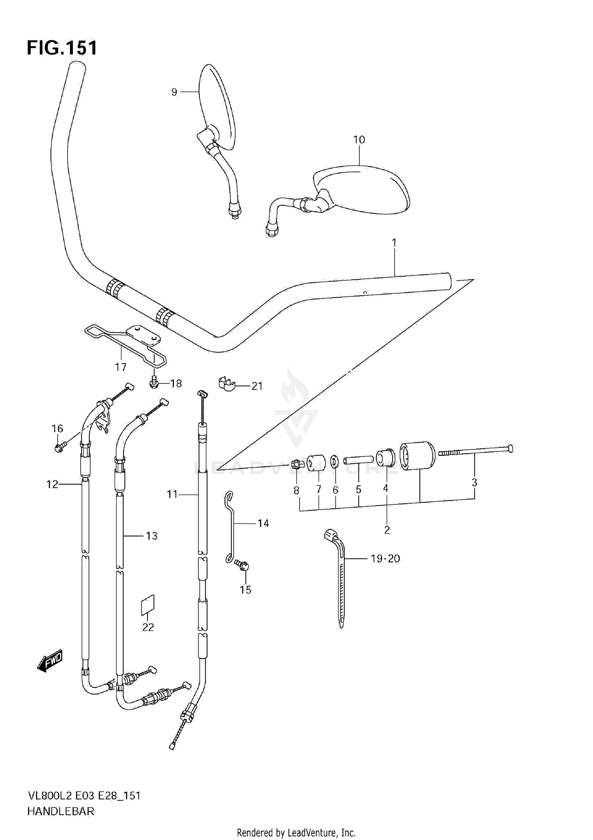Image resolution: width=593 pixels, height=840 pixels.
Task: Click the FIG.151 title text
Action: [x=62, y=48]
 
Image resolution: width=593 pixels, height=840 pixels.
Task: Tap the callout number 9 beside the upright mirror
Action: [x=174, y=92]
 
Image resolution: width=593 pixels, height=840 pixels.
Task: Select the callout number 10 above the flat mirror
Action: [x=359, y=140]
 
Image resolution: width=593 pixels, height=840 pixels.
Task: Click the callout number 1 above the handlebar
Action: [x=394, y=242]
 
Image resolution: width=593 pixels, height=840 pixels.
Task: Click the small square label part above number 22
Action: [x=148, y=605]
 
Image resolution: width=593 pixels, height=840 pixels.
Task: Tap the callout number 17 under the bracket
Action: [x=121, y=367]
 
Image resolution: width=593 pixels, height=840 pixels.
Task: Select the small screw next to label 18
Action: [x=154, y=382]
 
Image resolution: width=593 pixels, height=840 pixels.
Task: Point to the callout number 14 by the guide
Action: [x=263, y=523]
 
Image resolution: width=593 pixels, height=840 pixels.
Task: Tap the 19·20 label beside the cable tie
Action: [x=385, y=559]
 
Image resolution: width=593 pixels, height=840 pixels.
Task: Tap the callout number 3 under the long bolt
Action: [x=474, y=482]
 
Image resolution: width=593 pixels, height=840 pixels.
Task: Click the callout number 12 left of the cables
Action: [x=52, y=484]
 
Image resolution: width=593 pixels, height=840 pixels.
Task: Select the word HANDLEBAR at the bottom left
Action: [x=61, y=812]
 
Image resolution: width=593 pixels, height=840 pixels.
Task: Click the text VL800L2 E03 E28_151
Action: [x=84, y=796]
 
